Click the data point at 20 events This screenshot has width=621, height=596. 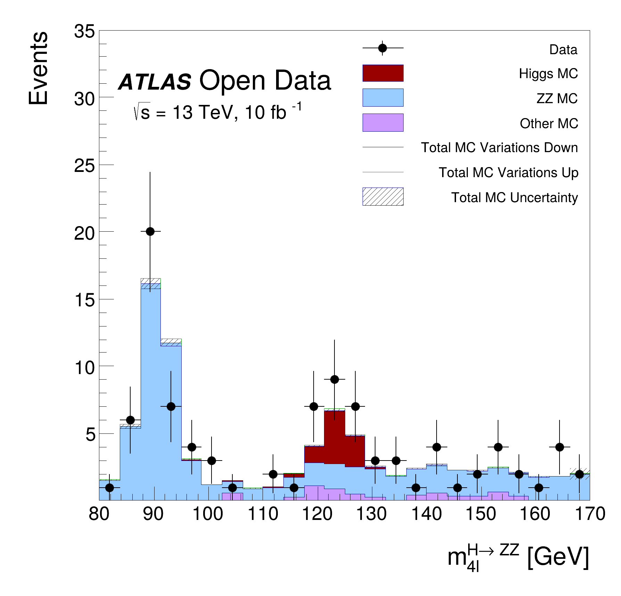click(x=150, y=231)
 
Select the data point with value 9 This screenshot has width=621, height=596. click(x=334, y=379)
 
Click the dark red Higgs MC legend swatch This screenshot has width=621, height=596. click(x=383, y=73)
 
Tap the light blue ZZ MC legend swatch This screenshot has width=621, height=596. click(x=383, y=98)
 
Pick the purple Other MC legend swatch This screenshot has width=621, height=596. click(x=383, y=123)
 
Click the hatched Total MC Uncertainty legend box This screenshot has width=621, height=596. click(x=383, y=197)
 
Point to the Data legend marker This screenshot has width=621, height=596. click(x=382, y=48)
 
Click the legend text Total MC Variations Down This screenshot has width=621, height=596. click(x=499, y=148)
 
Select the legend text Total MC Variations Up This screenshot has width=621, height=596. click(x=508, y=173)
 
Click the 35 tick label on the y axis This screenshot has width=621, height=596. click(x=84, y=32)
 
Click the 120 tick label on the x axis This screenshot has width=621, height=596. click(x=317, y=514)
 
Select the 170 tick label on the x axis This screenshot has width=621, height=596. click(x=590, y=514)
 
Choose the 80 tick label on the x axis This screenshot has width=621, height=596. click(x=99, y=514)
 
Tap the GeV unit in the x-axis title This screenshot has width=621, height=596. click(x=558, y=557)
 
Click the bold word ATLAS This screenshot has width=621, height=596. click(x=155, y=82)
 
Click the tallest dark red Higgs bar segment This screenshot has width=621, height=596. click(x=334, y=437)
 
